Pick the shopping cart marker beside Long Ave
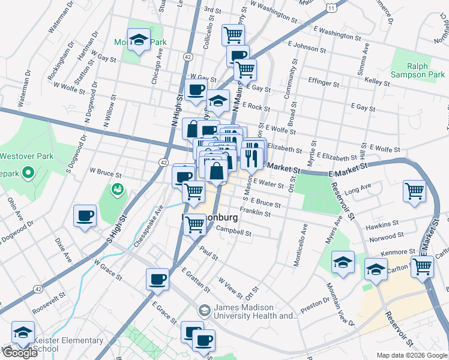point(415,191)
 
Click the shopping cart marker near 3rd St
point(233,34)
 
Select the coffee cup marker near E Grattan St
point(158,279)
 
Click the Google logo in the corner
point(19,353)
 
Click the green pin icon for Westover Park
point(27,175)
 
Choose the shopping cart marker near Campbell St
point(194,224)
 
